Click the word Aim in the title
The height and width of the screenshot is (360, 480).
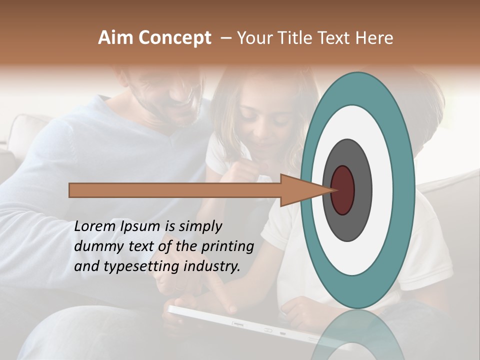[x=116, y=38]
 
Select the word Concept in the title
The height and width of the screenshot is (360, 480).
[x=174, y=38]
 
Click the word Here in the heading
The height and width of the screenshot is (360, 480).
[x=373, y=38]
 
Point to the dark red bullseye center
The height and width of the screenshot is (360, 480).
[x=342, y=190]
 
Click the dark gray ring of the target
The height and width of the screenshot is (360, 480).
[x=347, y=225]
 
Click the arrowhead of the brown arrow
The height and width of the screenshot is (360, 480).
[x=300, y=190]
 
